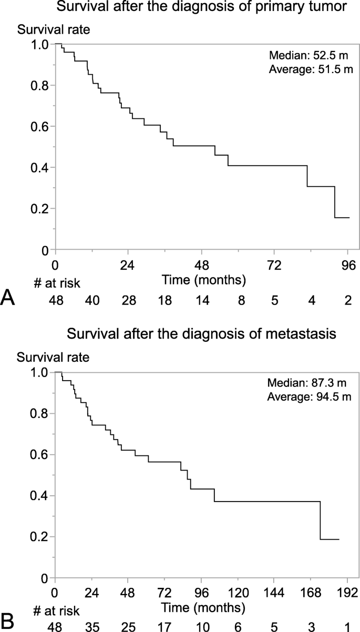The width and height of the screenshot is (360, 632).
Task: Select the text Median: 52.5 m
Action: point(310,56)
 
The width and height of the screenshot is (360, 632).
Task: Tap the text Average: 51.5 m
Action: point(310,69)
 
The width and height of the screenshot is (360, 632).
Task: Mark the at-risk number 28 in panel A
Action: point(128,301)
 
